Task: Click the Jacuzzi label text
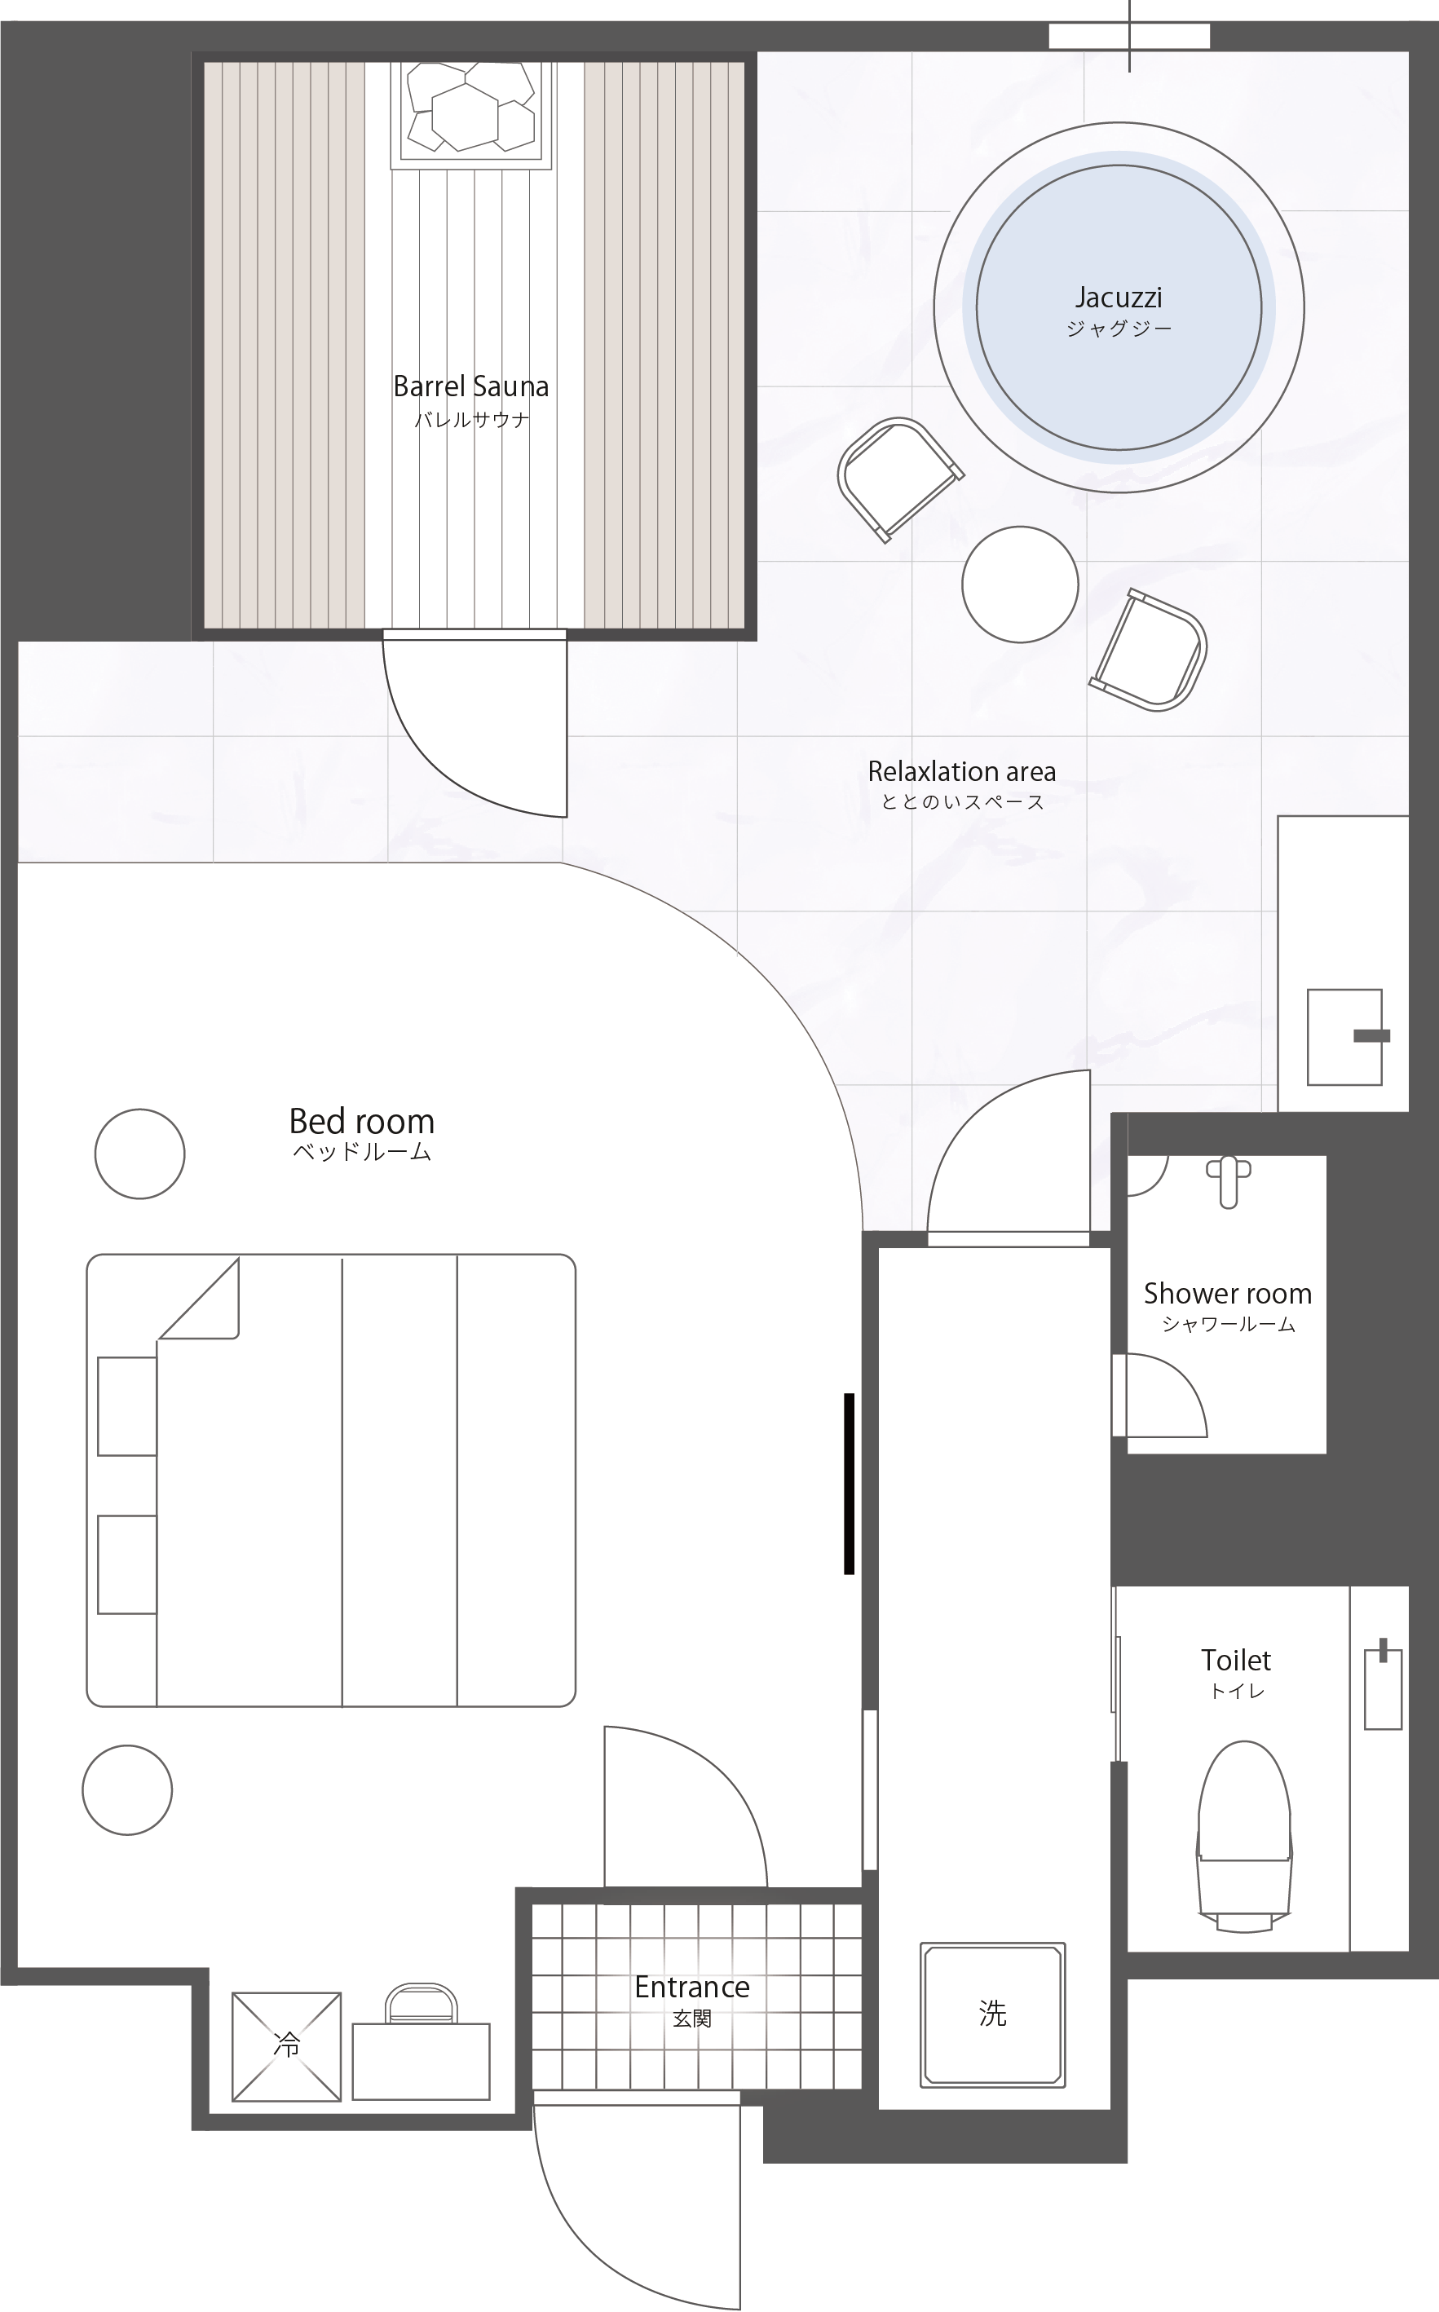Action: [1119, 298]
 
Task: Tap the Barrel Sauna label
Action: [471, 386]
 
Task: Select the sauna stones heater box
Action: [470, 114]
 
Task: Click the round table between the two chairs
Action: [1019, 585]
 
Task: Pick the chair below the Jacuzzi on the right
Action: [1150, 651]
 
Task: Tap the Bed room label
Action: [362, 1121]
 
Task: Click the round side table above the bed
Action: [140, 1153]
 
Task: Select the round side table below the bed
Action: [127, 1789]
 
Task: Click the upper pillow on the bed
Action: [127, 1406]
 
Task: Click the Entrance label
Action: [692, 1987]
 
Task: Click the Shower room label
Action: [1228, 1293]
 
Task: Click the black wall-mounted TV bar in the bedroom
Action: [849, 1485]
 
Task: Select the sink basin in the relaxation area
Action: [1344, 1037]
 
